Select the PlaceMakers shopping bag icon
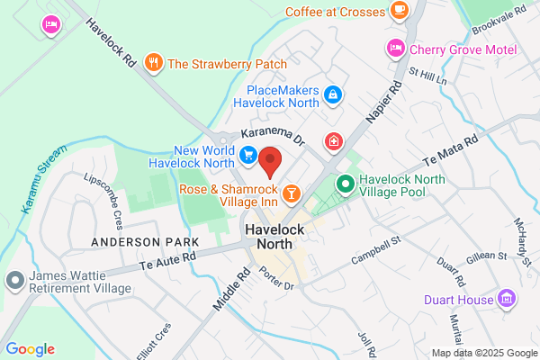[333, 94]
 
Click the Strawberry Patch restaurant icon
[154, 63]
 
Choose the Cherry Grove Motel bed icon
[395, 47]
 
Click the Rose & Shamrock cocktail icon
[292, 193]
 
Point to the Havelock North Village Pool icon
[344, 184]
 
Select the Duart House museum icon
[508, 299]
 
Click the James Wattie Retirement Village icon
[13, 280]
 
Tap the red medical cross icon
[334, 141]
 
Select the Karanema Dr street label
[273, 135]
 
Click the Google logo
[30, 349]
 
